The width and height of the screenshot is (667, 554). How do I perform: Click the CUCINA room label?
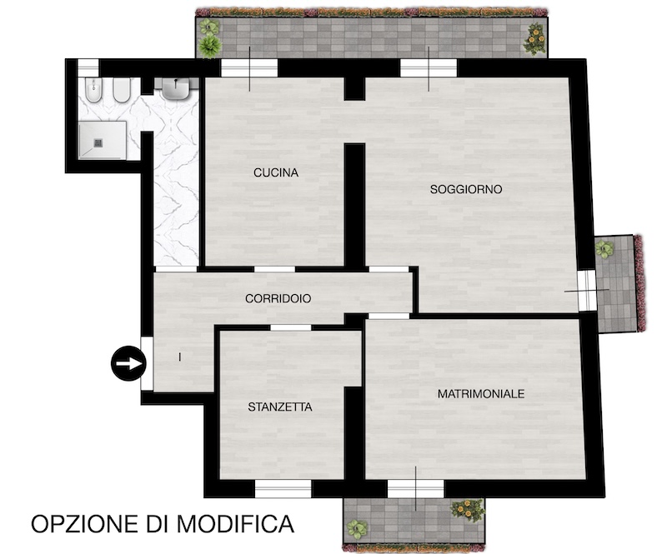tap(276, 172)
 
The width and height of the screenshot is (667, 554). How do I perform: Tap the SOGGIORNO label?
tap(466, 189)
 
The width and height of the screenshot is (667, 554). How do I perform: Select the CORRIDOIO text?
tap(278, 298)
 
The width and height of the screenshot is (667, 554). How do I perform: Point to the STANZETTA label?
tap(280, 407)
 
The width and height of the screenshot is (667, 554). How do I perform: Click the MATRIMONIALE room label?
tap(481, 394)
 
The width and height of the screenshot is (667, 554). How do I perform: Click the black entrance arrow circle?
tap(128, 363)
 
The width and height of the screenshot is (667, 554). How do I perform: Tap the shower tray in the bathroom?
tap(103, 140)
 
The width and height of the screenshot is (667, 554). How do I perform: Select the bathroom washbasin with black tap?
tap(176, 89)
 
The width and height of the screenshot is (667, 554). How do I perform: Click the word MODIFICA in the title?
tap(236, 524)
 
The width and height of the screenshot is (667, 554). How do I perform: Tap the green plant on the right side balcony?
tap(604, 248)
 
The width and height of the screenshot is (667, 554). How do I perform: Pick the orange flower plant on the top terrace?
tap(536, 39)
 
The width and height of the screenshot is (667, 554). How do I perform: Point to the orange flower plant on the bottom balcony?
tap(468, 510)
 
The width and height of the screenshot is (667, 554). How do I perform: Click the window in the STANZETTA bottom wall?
tap(283, 489)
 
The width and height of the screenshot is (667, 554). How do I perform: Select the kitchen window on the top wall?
tap(249, 68)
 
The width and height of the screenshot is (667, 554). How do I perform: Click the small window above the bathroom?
tap(88, 68)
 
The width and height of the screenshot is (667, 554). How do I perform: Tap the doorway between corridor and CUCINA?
tap(274, 269)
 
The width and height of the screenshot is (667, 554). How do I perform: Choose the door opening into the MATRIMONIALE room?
tap(389, 316)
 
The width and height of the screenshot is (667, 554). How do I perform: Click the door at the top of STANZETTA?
tap(290, 327)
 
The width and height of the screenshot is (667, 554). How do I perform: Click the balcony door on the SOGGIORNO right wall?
tap(587, 291)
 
